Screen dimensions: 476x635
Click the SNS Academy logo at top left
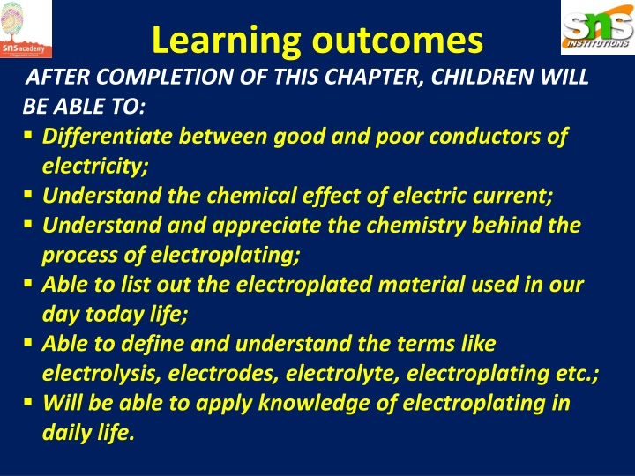26,29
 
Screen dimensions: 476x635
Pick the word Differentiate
108,138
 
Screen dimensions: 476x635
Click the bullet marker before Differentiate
29,137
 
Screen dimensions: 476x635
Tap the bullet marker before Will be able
29,403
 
